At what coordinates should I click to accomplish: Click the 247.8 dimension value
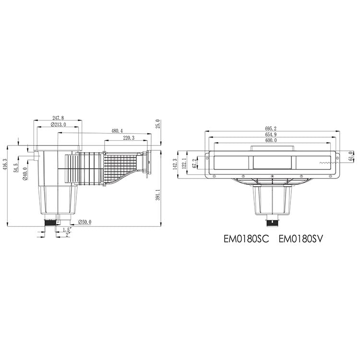pyautogui.click(x=58, y=118)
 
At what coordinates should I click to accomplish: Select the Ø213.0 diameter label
pyautogui.click(x=58, y=125)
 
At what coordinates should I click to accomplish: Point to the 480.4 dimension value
pyautogui.click(x=117, y=131)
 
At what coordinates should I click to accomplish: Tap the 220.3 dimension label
pyautogui.click(x=129, y=138)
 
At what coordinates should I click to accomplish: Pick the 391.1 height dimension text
pyautogui.click(x=157, y=195)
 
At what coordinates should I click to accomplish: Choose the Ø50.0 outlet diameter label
pyautogui.click(x=84, y=222)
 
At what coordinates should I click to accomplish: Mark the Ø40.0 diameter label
pyautogui.click(x=25, y=174)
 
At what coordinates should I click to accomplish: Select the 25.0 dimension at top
pyautogui.click(x=157, y=124)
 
